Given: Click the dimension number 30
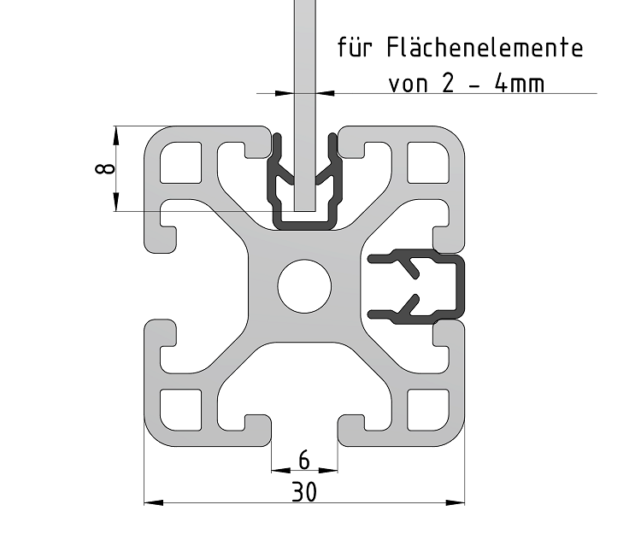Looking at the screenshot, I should [303, 491].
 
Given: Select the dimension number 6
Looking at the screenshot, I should [303, 461].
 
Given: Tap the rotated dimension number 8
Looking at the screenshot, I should [104, 168].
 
